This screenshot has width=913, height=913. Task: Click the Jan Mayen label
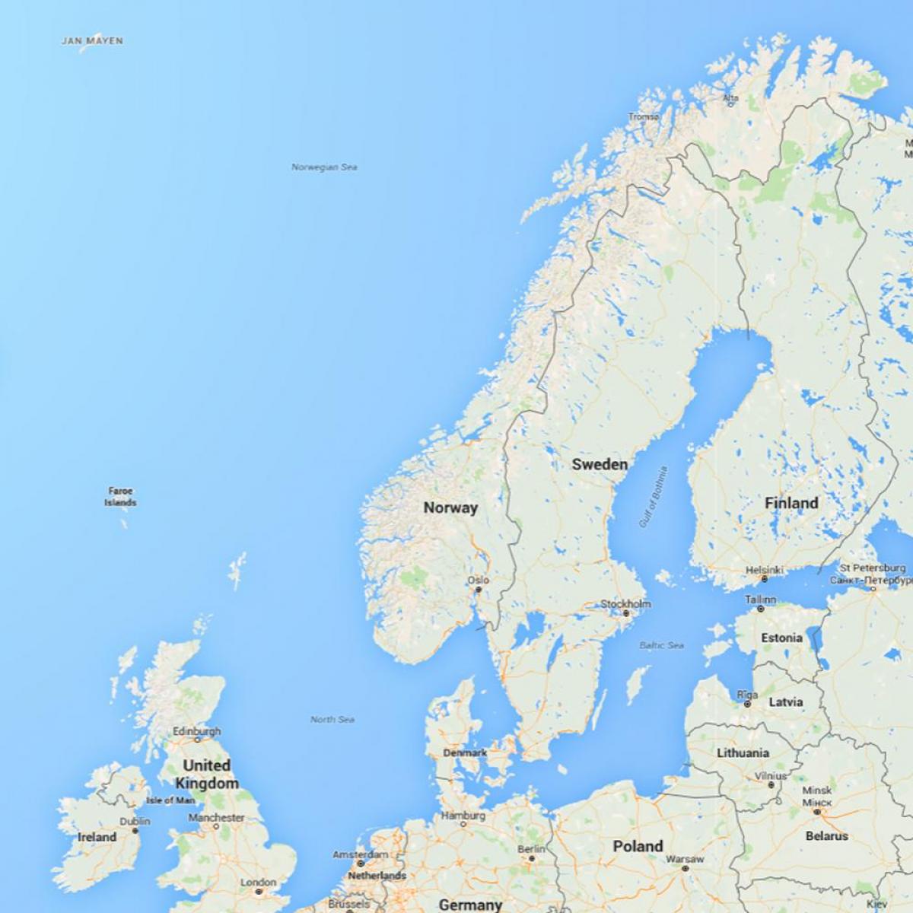[92, 41]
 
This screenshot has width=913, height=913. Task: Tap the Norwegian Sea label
[324, 167]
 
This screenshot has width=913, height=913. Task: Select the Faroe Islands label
[120, 497]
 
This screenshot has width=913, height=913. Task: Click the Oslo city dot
[479, 590]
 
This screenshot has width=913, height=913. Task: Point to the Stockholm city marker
[626, 613]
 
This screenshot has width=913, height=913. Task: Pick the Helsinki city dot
[764, 579]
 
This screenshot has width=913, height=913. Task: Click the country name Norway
[450, 507]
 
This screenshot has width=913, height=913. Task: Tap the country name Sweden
[600, 464]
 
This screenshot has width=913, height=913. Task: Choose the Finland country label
[791, 503]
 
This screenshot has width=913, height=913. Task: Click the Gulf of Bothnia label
[653, 497]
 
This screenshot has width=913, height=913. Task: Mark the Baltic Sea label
[661, 645]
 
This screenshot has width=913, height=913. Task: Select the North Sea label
[332, 719]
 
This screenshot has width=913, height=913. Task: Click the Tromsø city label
[644, 117]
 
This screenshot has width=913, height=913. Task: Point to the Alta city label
[730, 98]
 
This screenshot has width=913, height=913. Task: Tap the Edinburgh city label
[196, 731]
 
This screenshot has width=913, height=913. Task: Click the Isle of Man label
[170, 800]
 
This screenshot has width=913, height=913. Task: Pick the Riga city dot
[748, 705]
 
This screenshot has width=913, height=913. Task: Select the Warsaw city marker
[685, 868]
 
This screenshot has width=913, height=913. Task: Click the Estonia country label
[781, 638]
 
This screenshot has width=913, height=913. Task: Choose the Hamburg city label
[463, 816]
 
